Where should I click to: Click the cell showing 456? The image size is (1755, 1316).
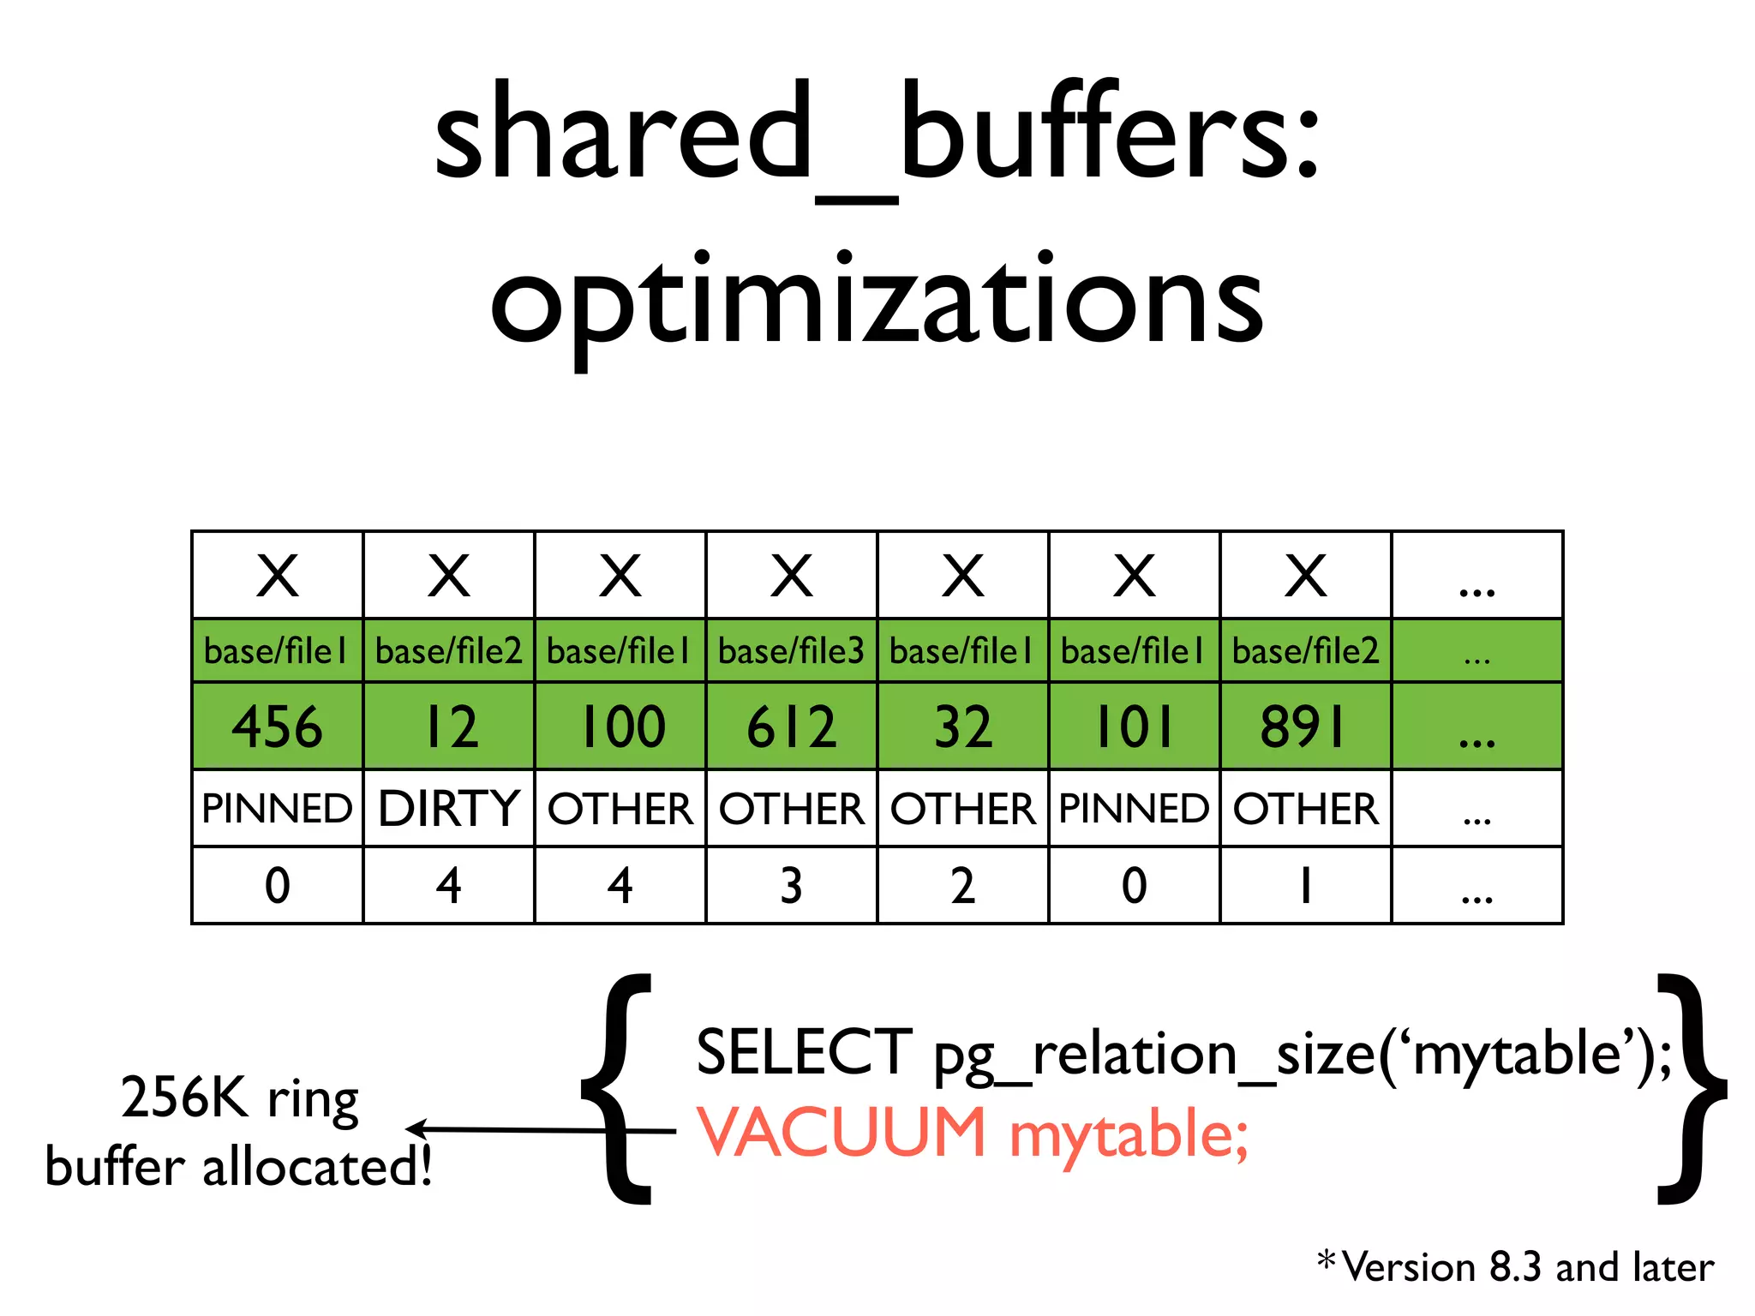(278, 727)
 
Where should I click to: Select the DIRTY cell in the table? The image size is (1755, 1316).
(449, 809)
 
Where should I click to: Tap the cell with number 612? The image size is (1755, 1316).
(792, 727)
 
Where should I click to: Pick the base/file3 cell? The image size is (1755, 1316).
(792, 651)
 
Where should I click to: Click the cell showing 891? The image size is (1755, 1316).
(1304, 727)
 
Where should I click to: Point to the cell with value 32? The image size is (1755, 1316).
(963, 727)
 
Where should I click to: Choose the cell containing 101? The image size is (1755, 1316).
(1135, 727)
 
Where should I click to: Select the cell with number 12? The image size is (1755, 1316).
(449, 727)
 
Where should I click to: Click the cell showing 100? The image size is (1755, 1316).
(620, 727)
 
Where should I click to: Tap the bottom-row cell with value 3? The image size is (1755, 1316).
(792, 886)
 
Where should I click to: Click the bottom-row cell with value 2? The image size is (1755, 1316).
(963, 886)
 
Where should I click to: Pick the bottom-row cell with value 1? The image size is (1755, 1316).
(1304, 886)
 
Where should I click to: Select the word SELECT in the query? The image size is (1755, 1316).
(804, 1052)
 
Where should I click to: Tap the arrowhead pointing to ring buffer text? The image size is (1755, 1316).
(416, 1129)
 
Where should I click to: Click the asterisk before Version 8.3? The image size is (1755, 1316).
(1327, 1259)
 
